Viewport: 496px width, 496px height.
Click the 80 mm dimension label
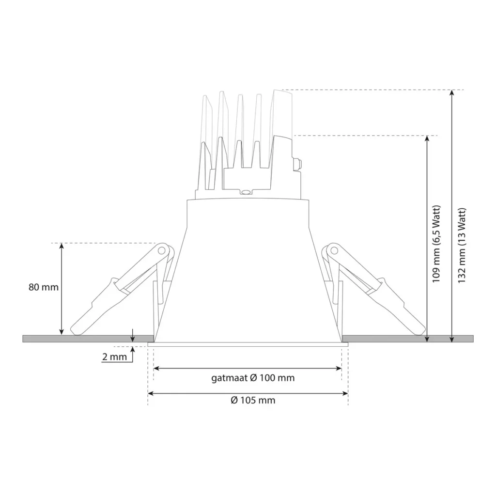(x=44, y=287)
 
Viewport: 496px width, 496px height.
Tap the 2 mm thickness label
(x=114, y=357)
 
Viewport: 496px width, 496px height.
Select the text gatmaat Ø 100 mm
(x=253, y=378)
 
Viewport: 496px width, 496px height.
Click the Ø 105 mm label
(x=253, y=401)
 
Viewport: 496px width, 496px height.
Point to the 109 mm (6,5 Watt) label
(x=436, y=245)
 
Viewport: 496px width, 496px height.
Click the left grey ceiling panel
(x=87, y=338)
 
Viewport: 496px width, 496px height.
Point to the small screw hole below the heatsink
(x=246, y=193)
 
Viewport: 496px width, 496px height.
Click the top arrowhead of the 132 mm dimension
(x=452, y=93)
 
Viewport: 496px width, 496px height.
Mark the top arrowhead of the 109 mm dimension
(x=427, y=139)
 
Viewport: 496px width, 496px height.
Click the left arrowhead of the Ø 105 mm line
(x=151, y=394)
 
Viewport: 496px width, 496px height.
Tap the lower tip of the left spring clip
(x=76, y=331)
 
